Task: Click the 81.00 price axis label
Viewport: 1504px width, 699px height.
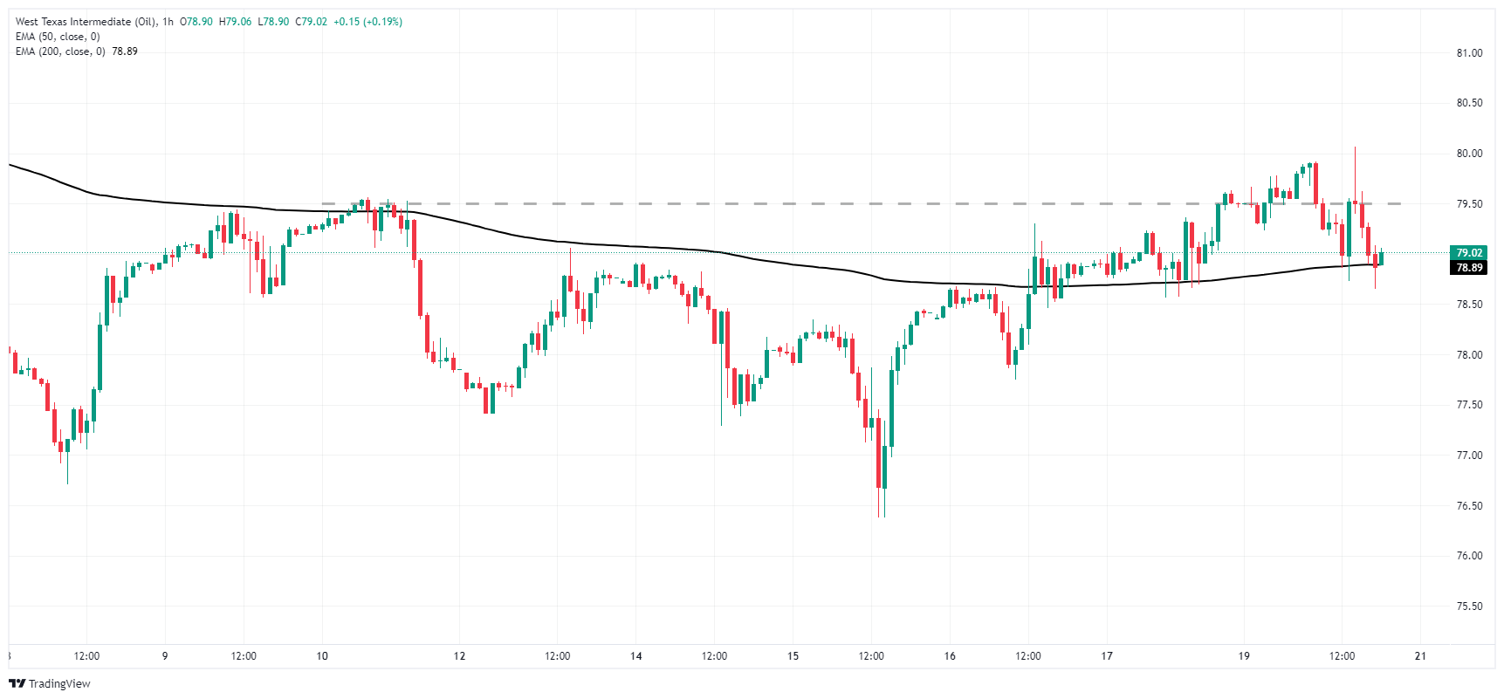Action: pyautogui.click(x=1469, y=53)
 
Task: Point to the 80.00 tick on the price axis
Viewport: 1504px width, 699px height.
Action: pyautogui.click(x=1469, y=154)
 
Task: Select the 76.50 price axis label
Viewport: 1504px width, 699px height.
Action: pyautogui.click(x=1469, y=506)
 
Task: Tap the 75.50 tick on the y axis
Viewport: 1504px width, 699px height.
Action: pyautogui.click(x=1469, y=606)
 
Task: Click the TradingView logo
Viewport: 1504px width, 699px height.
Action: pyautogui.click(x=50, y=683)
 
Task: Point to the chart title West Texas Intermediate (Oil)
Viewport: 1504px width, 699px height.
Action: pyautogui.click(x=86, y=22)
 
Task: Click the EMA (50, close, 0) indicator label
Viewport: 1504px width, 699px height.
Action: pyautogui.click(x=58, y=37)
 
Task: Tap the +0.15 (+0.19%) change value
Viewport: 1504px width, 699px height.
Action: pyautogui.click(x=367, y=22)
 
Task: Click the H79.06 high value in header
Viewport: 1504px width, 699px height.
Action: pyautogui.click(x=235, y=22)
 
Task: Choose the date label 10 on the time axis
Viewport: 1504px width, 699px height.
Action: pyautogui.click(x=322, y=656)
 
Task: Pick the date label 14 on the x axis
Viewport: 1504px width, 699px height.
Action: pyautogui.click(x=636, y=656)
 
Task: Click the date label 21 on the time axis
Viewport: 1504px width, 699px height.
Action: pyautogui.click(x=1420, y=656)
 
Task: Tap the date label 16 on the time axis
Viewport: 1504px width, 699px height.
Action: pyautogui.click(x=950, y=656)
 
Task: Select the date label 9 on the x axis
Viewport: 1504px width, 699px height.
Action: pyautogui.click(x=165, y=656)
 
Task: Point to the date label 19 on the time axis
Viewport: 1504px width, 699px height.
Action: pyautogui.click(x=1244, y=656)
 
